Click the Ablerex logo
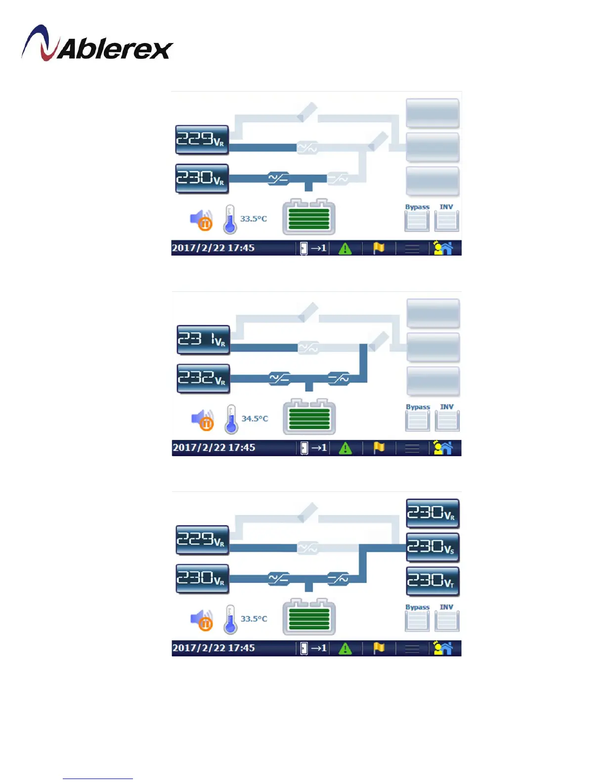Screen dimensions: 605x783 click(x=97, y=44)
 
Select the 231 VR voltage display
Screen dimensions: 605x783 click(x=203, y=340)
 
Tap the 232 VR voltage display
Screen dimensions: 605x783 click(x=203, y=378)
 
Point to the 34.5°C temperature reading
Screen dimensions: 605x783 click(x=255, y=419)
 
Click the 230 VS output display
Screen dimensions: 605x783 click(x=432, y=547)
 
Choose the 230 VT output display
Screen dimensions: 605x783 click(x=432, y=581)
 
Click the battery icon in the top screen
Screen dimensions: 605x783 click(x=309, y=217)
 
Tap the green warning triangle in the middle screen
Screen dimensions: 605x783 click(x=345, y=448)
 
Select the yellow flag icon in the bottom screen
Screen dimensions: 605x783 click(x=379, y=648)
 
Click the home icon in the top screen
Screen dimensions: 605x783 click(x=443, y=248)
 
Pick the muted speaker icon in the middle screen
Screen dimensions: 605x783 click(x=203, y=420)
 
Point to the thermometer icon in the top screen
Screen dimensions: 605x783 click(x=230, y=219)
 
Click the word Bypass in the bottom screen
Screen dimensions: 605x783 click(x=417, y=607)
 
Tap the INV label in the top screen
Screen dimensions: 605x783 click(x=446, y=207)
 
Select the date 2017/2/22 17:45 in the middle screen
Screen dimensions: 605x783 click(x=214, y=448)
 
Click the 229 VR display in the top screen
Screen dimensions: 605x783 click(x=202, y=139)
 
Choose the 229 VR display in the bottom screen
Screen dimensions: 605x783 click(x=202, y=540)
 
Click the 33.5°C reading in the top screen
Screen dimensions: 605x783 click(x=254, y=218)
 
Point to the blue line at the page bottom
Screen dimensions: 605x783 click(x=98, y=779)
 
